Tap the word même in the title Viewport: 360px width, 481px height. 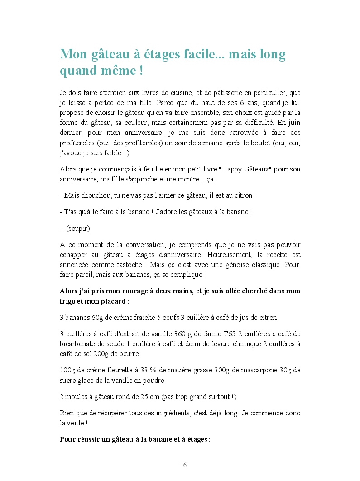pyautogui.click(x=115, y=71)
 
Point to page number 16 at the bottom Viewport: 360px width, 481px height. pyautogui.click(x=183, y=465)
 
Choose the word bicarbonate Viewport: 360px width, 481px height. pyautogui.click(x=77, y=344)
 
